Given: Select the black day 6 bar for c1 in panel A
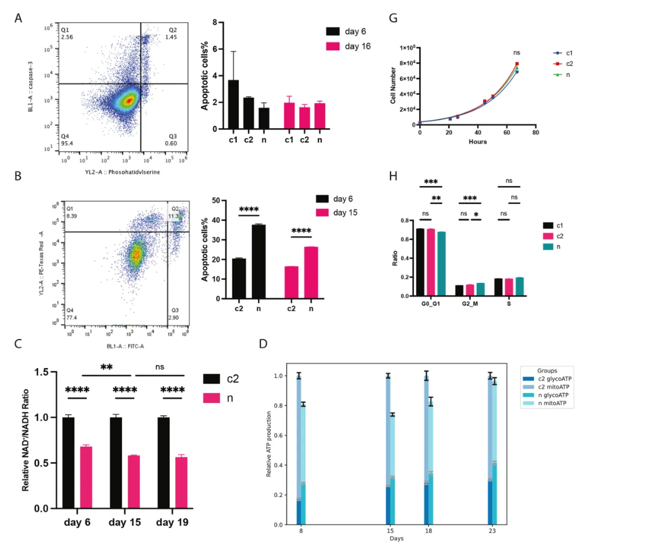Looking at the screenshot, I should click(x=233, y=104).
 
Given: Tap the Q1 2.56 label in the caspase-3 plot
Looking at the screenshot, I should click(x=67, y=34).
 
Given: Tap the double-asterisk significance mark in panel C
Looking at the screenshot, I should click(x=106, y=368).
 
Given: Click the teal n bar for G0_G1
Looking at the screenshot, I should click(x=441, y=264).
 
